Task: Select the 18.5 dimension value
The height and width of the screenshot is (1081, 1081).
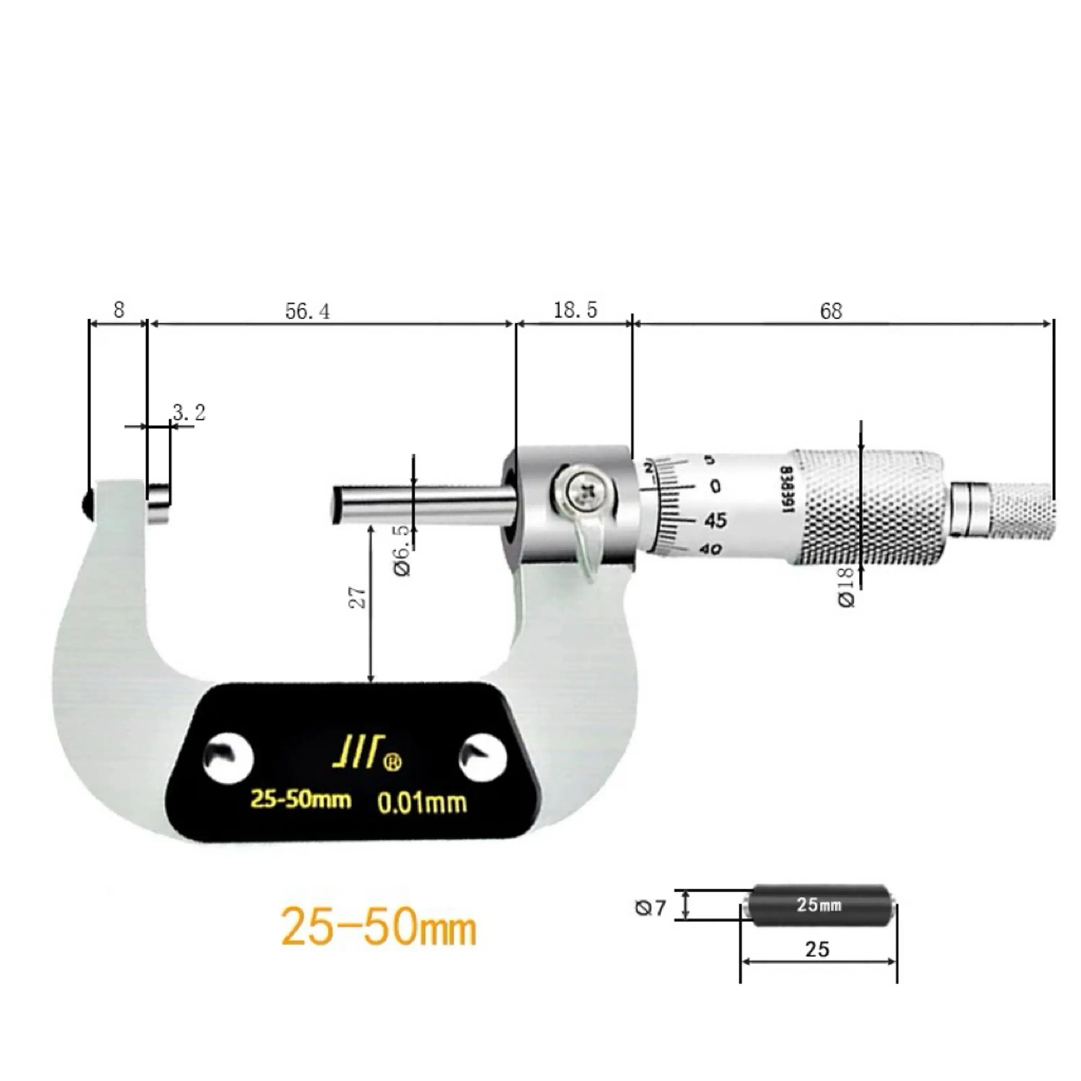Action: (575, 310)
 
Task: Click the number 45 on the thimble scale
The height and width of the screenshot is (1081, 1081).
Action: (715, 520)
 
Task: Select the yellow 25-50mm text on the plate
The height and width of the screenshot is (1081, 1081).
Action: (301, 799)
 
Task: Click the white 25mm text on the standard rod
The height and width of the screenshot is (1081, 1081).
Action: (819, 904)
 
